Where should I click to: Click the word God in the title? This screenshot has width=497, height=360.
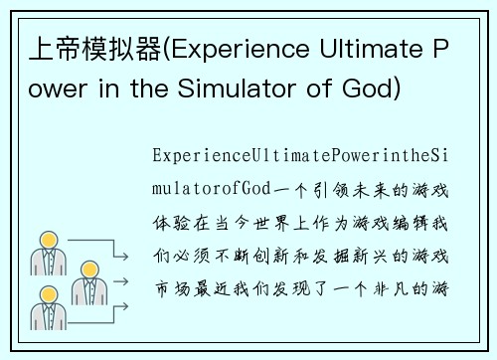click(372, 91)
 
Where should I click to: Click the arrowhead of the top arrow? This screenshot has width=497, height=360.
click(126, 256)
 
